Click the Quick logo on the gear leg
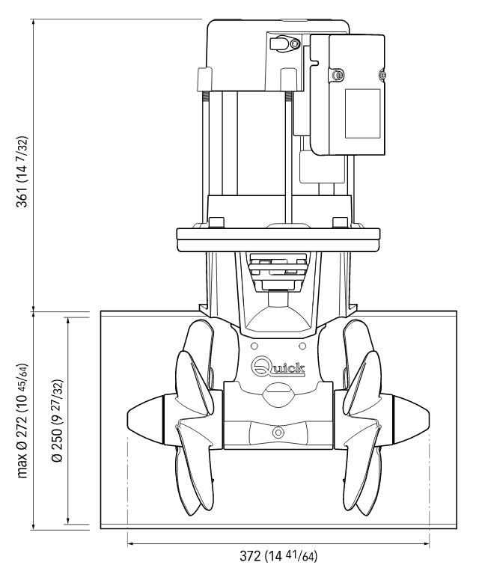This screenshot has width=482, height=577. [x=278, y=367]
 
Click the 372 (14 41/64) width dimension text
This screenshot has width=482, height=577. [x=278, y=556]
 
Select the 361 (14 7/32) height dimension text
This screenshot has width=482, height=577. [x=22, y=172]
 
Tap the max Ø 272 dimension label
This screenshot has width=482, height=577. [x=22, y=421]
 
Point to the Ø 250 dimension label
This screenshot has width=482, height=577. [x=58, y=421]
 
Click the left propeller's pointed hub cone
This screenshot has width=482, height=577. [x=145, y=420]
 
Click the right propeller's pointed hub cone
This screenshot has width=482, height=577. [x=412, y=420]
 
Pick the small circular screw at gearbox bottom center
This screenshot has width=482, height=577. [x=278, y=432]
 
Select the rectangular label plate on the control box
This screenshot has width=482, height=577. [x=362, y=113]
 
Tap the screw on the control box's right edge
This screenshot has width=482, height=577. [x=382, y=75]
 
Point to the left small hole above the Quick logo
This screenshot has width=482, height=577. [x=254, y=346]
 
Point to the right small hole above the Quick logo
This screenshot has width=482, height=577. [x=302, y=346]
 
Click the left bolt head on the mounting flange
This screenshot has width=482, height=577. [x=216, y=222]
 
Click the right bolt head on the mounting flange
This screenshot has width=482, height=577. [x=340, y=222]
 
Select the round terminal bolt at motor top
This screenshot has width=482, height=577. [x=295, y=44]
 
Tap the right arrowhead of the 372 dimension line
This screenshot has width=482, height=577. [x=427, y=543]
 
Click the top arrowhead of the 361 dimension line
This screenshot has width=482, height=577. [x=34, y=22]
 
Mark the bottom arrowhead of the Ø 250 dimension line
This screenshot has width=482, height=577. [x=68, y=521]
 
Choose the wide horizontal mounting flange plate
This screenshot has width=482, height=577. [x=278, y=240]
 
